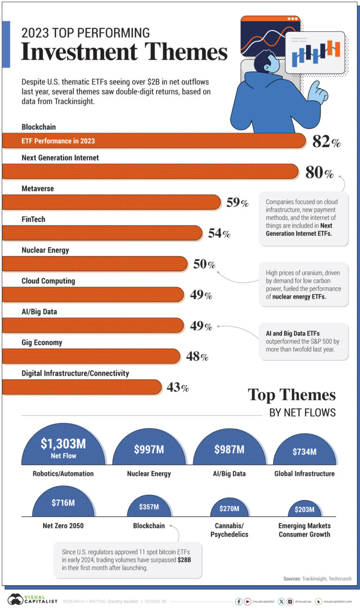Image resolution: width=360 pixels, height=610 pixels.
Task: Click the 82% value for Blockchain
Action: [326, 142]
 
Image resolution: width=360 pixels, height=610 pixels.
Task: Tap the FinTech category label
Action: [33, 219]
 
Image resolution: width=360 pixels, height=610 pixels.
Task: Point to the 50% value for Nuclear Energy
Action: [204, 264]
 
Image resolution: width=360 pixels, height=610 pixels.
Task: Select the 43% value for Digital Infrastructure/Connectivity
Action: [178, 387]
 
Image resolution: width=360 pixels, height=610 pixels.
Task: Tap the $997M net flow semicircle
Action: [149, 450]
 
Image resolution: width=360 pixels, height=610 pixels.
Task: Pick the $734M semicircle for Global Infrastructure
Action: [304, 453]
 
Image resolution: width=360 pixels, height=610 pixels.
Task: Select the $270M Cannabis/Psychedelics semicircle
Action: [229, 508]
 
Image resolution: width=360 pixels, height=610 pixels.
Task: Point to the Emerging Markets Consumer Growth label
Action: [304, 530]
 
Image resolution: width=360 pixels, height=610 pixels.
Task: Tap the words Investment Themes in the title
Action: [124, 52]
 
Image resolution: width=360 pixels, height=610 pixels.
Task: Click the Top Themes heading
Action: [292, 395]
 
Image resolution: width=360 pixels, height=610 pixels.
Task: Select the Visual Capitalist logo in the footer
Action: [32, 600]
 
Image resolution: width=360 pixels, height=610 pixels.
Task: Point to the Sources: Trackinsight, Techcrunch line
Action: [317, 579]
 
